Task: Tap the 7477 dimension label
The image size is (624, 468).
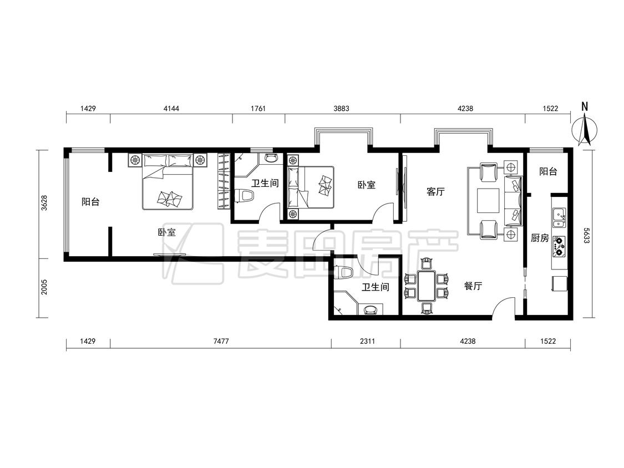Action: click(x=221, y=341)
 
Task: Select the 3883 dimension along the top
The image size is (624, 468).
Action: click(x=342, y=108)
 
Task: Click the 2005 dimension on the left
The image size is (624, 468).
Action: click(x=44, y=287)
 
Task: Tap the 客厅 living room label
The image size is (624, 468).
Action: click(x=435, y=192)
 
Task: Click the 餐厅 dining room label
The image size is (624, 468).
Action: click(x=473, y=286)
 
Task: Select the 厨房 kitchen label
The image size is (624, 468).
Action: click(x=540, y=238)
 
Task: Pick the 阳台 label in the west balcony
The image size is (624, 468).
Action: click(x=90, y=202)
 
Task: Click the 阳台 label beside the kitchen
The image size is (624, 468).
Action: click(x=548, y=171)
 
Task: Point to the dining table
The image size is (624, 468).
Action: click(x=426, y=286)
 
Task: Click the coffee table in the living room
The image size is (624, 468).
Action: click(x=488, y=201)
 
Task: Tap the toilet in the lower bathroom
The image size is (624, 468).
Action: click(x=346, y=273)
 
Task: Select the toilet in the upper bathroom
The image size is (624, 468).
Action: click(x=245, y=196)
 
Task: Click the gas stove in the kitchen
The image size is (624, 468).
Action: click(x=559, y=246)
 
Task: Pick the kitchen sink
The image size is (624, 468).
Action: click(x=559, y=217)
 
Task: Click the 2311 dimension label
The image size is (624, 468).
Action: click(x=367, y=341)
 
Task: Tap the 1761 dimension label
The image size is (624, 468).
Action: click(x=258, y=108)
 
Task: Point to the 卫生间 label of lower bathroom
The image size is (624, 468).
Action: click(x=375, y=287)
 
